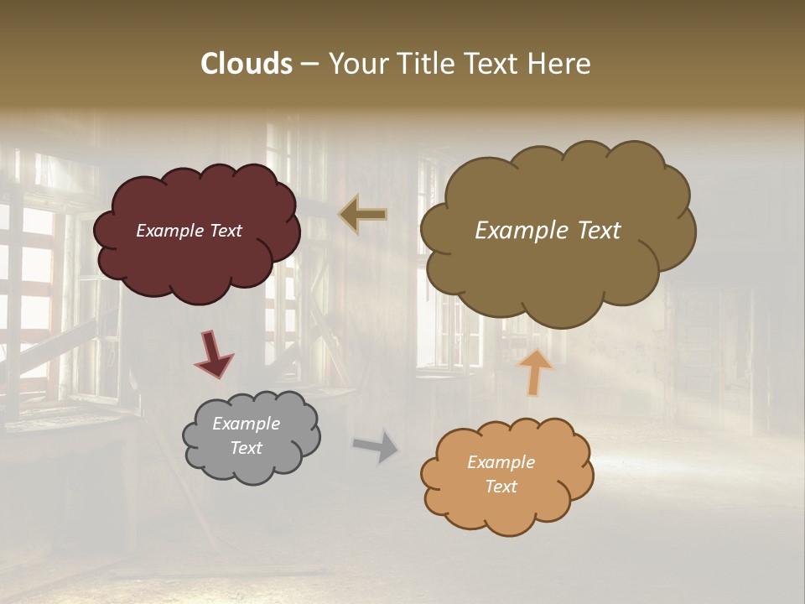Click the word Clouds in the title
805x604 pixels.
[247, 64]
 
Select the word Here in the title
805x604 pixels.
[561, 64]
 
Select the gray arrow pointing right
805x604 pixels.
[376, 445]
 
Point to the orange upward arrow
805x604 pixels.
[535, 371]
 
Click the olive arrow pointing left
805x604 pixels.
[363, 214]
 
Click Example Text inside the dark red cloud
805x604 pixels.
[189, 231]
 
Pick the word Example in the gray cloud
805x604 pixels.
[246, 424]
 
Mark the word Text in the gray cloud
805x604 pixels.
[246, 448]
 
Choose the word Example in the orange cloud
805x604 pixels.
[501, 462]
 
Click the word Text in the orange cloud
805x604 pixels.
[501, 487]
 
